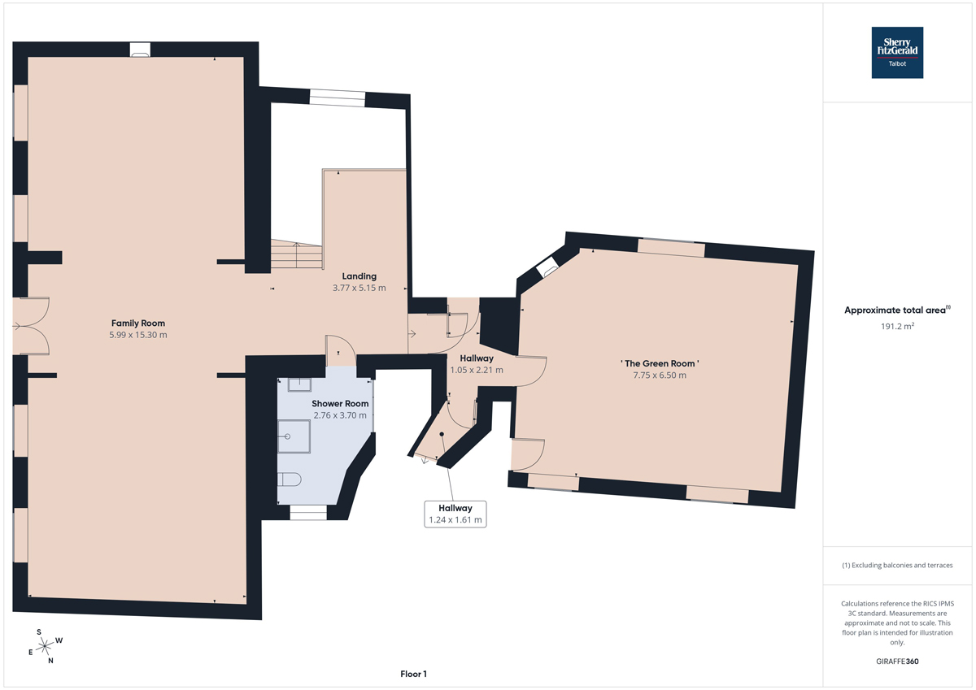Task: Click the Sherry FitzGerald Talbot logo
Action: click(897, 53)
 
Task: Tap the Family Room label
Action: click(138, 323)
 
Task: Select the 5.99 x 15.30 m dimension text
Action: click(138, 335)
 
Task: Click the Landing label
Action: click(359, 276)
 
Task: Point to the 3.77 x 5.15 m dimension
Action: click(359, 288)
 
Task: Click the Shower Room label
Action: click(340, 404)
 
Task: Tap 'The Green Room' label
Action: click(660, 363)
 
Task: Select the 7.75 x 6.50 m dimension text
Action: click(660, 375)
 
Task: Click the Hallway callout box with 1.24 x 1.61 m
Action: click(455, 514)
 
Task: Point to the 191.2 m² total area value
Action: click(897, 326)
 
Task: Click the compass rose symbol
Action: click(45, 646)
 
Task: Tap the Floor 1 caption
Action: click(413, 674)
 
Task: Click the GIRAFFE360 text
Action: click(897, 662)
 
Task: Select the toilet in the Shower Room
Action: click(290, 480)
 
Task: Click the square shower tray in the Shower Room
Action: click(294, 436)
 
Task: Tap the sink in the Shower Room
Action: click(299, 385)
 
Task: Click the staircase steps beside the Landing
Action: click(296, 254)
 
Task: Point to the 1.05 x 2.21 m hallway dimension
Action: click(477, 370)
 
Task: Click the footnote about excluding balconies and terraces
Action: click(897, 565)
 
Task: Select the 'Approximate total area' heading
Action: click(897, 310)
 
